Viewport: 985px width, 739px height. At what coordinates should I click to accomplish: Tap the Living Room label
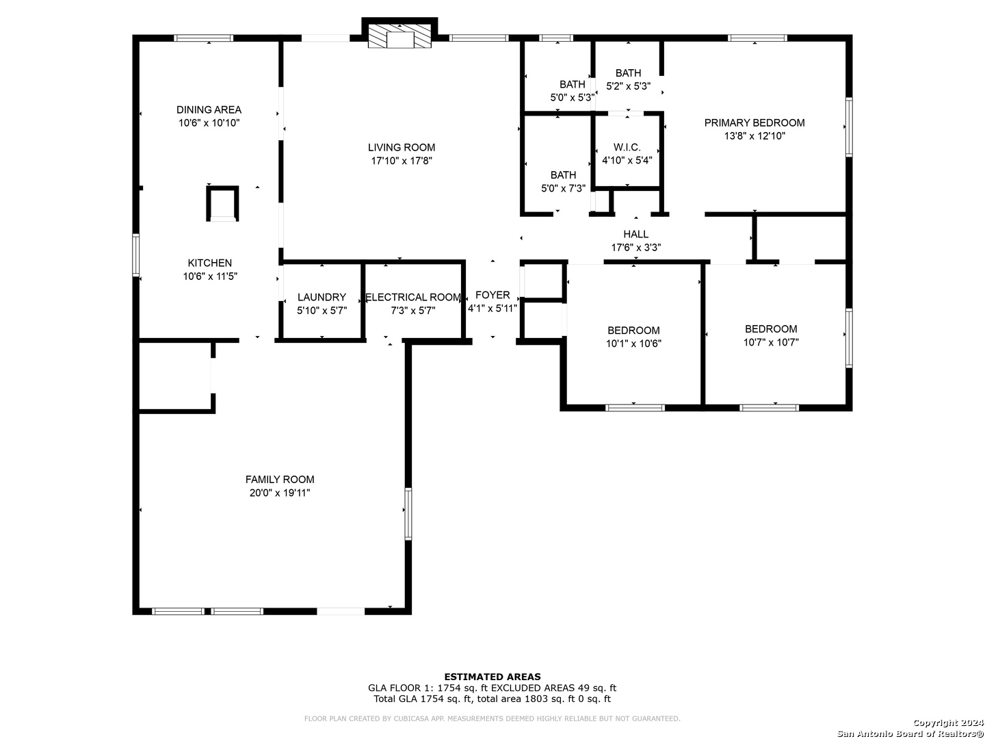pyautogui.click(x=401, y=148)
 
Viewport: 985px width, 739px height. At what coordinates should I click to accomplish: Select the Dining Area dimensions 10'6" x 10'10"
pyautogui.click(x=209, y=123)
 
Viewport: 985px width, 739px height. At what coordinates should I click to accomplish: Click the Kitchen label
pyautogui.click(x=209, y=263)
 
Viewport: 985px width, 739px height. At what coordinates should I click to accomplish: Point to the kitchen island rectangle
pyautogui.click(x=222, y=204)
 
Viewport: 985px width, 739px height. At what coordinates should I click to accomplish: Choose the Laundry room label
pyautogui.click(x=321, y=297)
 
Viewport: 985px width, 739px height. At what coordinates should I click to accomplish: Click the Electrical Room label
pyautogui.click(x=413, y=297)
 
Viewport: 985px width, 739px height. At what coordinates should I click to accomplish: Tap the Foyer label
pyautogui.click(x=492, y=295)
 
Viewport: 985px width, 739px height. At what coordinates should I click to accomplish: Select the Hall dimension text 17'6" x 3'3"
pyautogui.click(x=635, y=247)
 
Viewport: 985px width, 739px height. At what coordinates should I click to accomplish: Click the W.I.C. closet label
pyautogui.click(x=627, y=147)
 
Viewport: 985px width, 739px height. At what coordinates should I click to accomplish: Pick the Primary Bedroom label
pyautogui.click(x=754, y=123)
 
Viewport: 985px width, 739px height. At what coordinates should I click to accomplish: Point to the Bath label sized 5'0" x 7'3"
pyautogui.click(x=563, y=175)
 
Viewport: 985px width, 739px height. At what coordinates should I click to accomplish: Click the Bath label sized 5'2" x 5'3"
pyautogui.click(x=628, y=73)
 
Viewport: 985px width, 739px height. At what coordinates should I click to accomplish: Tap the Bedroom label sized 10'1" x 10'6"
pyautogui.click(x=633, y=330)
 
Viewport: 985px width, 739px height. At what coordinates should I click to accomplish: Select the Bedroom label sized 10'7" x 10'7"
pyautogui.click(x=770, y=329)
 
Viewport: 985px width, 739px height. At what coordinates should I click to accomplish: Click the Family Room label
pyautogui.click(x=280, y=480)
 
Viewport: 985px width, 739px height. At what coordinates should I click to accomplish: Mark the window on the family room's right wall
pyautogui.click(x=408, y=514)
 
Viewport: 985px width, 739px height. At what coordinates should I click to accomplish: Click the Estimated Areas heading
pyautogui.click(x=492, y=677)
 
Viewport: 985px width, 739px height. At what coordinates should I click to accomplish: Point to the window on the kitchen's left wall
pyautogui.click(x=135, y=255)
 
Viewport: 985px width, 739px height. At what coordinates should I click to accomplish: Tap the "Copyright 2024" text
pyautogui.click(x=948, y=723)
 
